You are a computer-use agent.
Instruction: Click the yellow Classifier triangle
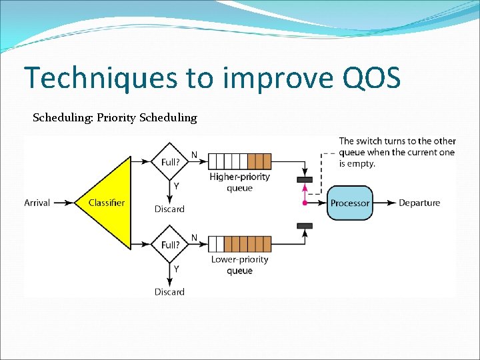point(107,202)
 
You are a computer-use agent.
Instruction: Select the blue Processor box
point(350,203)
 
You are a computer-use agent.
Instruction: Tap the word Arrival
point(37,203)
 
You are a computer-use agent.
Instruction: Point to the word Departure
point(419,203)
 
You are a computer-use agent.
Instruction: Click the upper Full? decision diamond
point(170,161)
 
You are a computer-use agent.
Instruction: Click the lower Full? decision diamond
point(170,244)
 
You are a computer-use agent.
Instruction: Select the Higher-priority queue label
point(239,182)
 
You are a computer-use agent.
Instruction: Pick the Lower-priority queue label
point(239,265)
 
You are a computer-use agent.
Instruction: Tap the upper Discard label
point(169,209)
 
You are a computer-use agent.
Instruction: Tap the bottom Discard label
point(169,292)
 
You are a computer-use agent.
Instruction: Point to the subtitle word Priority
point(117,118)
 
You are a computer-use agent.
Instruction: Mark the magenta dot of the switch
point(305,203)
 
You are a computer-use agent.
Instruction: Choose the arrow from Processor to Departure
point(384,203)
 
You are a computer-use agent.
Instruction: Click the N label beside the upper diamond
point(194,155)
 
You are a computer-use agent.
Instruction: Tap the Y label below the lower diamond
point(177,269)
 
